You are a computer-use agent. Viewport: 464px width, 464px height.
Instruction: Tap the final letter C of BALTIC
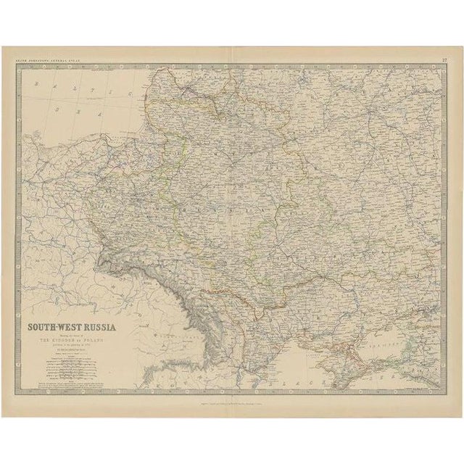tap(128, 96)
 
